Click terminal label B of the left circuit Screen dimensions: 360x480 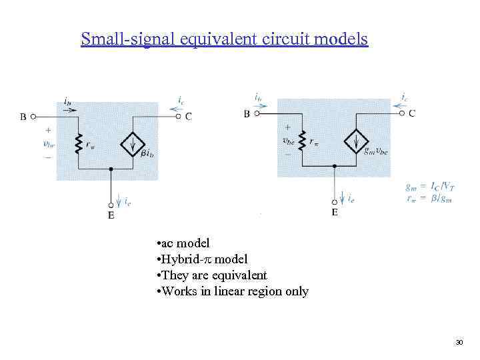24,116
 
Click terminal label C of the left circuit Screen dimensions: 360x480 189,116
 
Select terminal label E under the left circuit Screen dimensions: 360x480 111,215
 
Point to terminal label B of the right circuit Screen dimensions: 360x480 247,114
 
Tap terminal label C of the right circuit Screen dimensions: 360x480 412,113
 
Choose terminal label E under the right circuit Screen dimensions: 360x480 334,213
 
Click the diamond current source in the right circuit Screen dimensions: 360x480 356,141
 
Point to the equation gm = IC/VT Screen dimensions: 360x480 428,187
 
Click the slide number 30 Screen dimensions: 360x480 459,342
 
